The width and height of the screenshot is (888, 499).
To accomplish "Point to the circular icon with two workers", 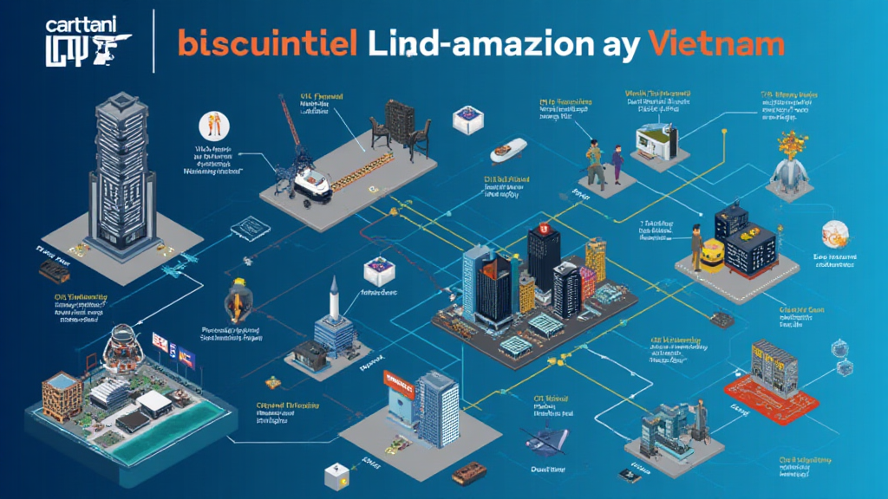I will [211, 126].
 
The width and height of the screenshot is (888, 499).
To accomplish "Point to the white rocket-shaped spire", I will [334, 298].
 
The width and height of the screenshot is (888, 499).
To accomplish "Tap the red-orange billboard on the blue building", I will [401, 382].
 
